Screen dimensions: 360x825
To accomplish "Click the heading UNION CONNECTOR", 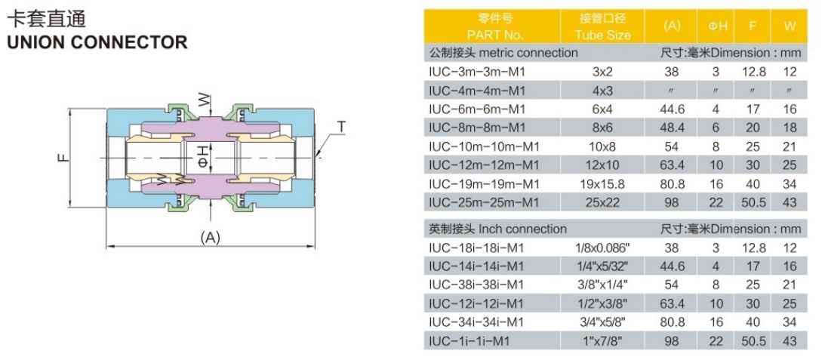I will (x=97, y=42).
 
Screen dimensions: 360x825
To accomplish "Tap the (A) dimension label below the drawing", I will (x=210, y=237).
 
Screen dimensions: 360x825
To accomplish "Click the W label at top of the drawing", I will (x=203, y=99).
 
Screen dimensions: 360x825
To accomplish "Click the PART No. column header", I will (x=494, y=35).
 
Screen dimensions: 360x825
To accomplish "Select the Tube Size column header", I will (x=603, y=35).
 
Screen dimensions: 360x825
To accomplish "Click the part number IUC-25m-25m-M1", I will (x=483, y=202).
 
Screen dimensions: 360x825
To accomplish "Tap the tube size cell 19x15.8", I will (x=603, y=183).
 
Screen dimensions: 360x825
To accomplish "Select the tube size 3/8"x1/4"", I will (x=603, y=285).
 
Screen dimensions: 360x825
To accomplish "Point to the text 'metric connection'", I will (x=528, y=53).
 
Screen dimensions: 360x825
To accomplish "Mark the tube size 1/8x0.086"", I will (x=603, y=248).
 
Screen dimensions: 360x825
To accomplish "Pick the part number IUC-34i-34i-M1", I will (x=476, y=322).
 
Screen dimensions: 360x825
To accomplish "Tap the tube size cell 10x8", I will (x=603, y=146).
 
